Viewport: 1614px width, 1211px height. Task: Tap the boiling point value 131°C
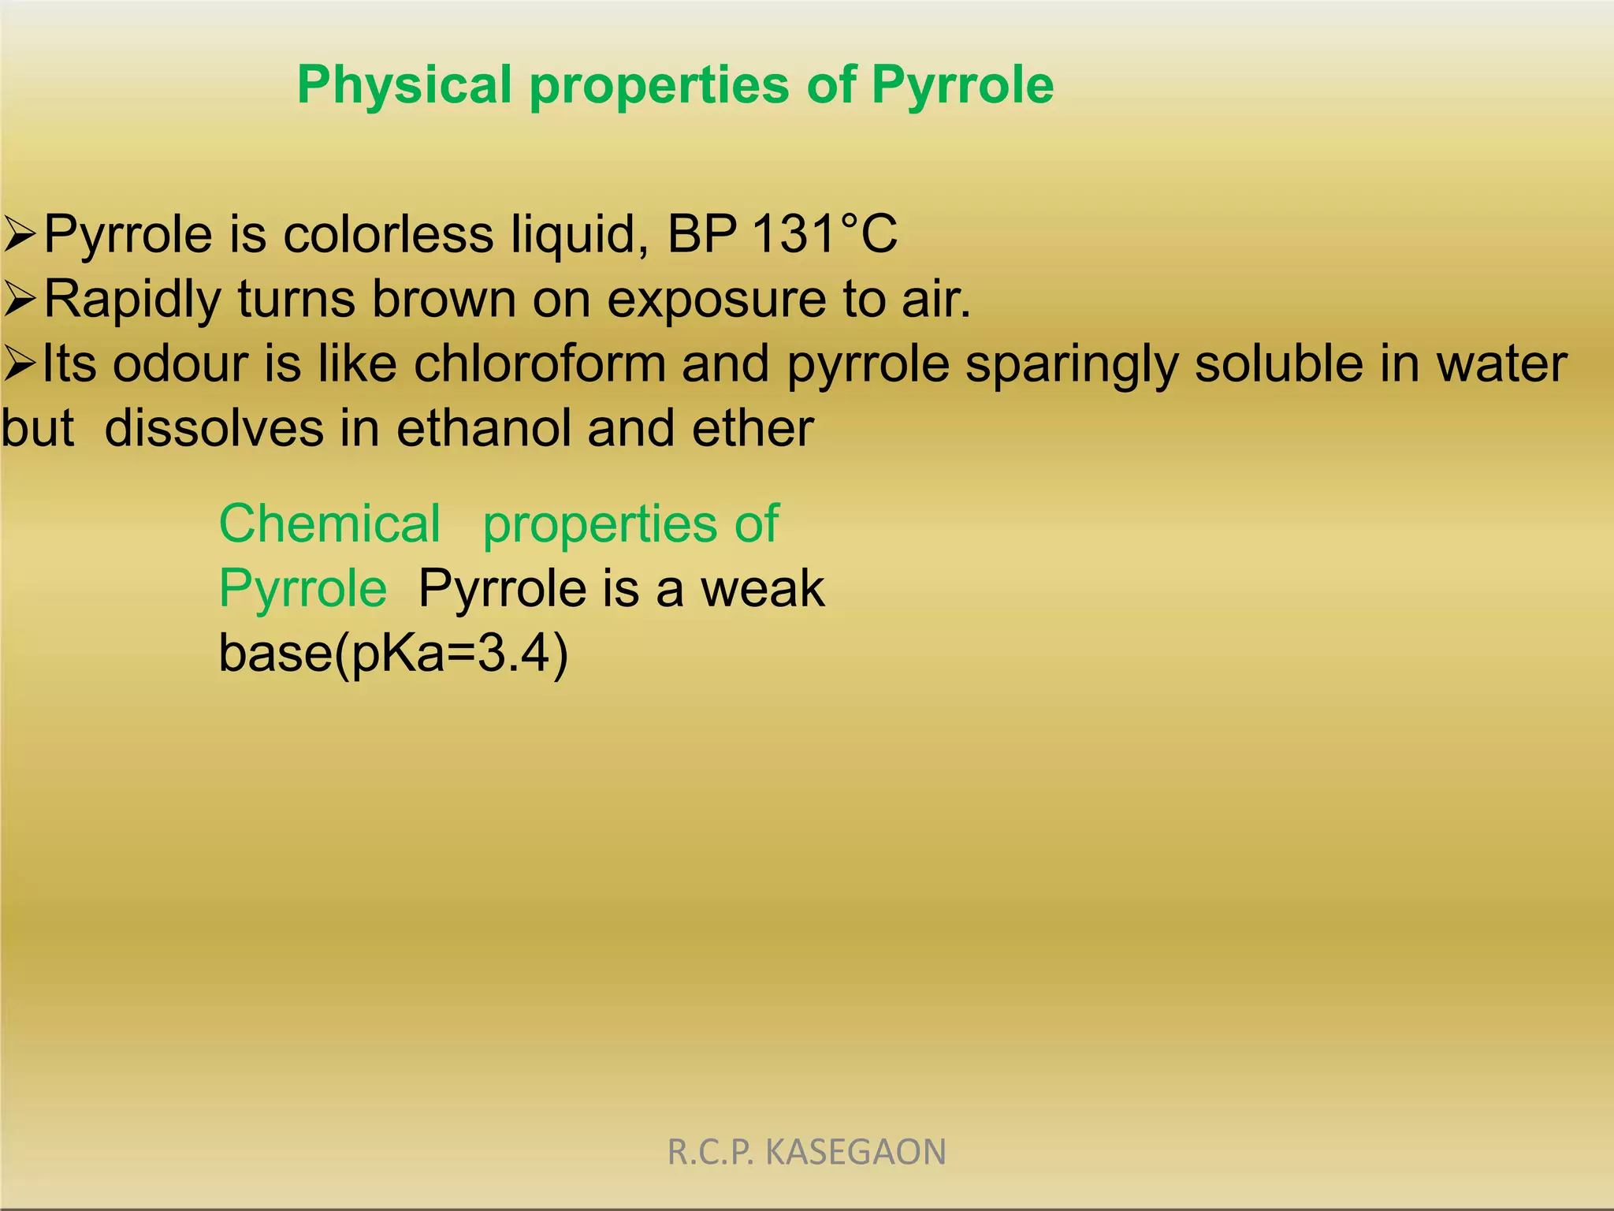(x=824, y=234)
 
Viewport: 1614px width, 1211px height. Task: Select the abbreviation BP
(x=701, y=234)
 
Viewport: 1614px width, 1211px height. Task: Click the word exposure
(x=716, y=300)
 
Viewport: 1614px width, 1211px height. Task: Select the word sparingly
(x=1072, y=365)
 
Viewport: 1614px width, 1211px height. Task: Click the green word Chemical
(x=329, y=524)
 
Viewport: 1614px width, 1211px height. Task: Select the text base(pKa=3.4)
(x=392, y=653)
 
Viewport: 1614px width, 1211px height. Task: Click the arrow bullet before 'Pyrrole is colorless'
(x=19, y=235)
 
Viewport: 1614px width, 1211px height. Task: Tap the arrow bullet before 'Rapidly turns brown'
(x=19, y=300)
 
